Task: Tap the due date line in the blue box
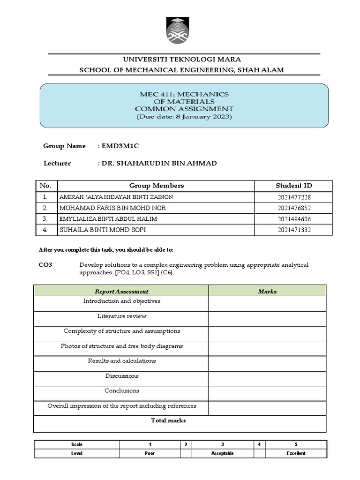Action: tap(184, 117)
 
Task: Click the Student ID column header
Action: tap(294, 186)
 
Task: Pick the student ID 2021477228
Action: tap(294, 197)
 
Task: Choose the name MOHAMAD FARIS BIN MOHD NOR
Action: tap(112, 208)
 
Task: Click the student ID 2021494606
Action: tap(294, 219)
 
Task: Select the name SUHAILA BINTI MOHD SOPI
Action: tap(103, 230)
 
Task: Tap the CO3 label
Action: tap(45, 265)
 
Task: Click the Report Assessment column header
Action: tap(121, 292)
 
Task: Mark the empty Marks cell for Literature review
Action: tap(267, 319)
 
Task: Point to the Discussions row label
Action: tap(121, 376)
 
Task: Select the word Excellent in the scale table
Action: tap(296, 453)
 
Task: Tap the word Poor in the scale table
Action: tap(150, 453)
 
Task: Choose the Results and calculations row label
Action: tap(121, 361)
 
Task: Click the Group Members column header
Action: tap(157, 186)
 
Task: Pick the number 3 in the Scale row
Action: tap(222, 444)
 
